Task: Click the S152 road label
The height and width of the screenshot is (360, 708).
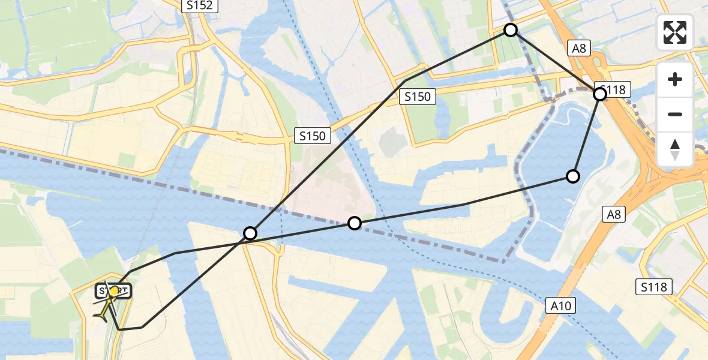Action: coord(200,5)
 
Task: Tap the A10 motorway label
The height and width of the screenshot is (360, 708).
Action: coord(562,306)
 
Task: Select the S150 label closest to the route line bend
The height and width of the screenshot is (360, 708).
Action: coord(418,96)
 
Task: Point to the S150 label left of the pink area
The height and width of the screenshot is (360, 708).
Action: coord(313,136)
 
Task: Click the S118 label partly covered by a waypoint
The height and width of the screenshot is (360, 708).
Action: coord(612,90)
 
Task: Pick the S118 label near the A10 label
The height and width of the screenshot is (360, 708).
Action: coord(653,287)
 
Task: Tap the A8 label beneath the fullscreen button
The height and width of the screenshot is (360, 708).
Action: coord(579,49)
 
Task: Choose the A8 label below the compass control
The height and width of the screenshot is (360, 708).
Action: coord(613,214)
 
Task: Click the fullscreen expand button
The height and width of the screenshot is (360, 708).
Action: coord(675,32)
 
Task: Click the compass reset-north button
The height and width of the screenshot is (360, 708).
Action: coord(675,149)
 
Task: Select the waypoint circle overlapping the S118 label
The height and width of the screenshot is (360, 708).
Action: coord(599,94)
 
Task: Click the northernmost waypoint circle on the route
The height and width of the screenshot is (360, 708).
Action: coord(510,30)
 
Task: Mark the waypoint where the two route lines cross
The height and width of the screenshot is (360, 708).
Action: coord(250,233)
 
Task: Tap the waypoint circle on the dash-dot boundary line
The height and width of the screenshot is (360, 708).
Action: coord(355,223)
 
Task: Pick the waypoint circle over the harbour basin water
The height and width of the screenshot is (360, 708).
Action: coord(573,176)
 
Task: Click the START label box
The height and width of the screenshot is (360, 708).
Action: coord(113,292)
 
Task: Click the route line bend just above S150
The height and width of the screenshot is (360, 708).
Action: coord(406,80)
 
